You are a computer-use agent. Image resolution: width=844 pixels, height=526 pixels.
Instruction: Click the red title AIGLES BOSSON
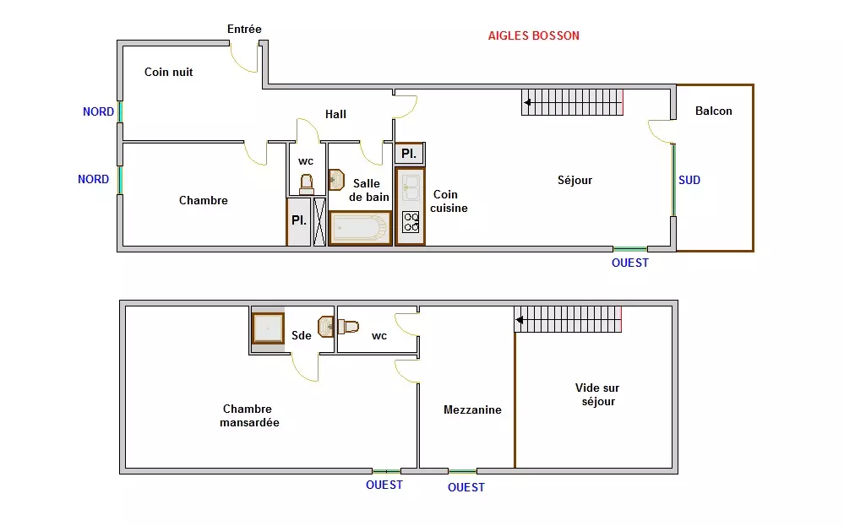coord(533,35)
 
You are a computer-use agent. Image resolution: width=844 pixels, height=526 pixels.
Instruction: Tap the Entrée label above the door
coord(244,29)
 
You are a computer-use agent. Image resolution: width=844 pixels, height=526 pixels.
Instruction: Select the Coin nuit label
coord(168,72)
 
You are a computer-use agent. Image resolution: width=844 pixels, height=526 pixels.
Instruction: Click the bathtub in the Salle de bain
coord(360,228)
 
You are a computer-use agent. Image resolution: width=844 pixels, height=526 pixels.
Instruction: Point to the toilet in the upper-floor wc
coord(307,183)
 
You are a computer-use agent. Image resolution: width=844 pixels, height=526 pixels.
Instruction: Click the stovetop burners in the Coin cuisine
coord(411,222)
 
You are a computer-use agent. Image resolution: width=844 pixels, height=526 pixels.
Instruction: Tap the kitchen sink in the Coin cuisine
coord(411,187)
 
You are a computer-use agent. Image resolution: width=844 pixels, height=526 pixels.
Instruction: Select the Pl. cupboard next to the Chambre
coord(299,221)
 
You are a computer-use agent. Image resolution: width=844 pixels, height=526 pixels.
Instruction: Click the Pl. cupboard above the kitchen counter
coord(409,154)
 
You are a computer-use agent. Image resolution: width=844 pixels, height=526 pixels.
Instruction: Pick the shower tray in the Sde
coord(268,328)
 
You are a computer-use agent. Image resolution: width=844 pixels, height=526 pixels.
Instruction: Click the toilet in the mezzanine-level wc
coord(348,327)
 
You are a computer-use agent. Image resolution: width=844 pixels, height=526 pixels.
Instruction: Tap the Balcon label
coord(714,111)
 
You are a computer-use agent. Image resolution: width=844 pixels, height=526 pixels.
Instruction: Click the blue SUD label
coord(689,180)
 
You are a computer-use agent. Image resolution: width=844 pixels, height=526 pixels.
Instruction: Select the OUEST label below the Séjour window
coord(630,263)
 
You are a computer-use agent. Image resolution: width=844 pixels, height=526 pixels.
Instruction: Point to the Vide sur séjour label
coord(597,394)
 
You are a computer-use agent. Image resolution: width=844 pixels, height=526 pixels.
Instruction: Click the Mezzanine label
coord(472,409)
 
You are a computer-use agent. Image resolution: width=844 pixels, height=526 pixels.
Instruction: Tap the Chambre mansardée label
coord(249,415)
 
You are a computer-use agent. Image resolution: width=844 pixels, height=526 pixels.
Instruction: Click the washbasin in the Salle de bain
coord(336,180)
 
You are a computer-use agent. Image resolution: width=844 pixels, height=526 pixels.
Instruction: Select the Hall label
coord(335,114)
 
